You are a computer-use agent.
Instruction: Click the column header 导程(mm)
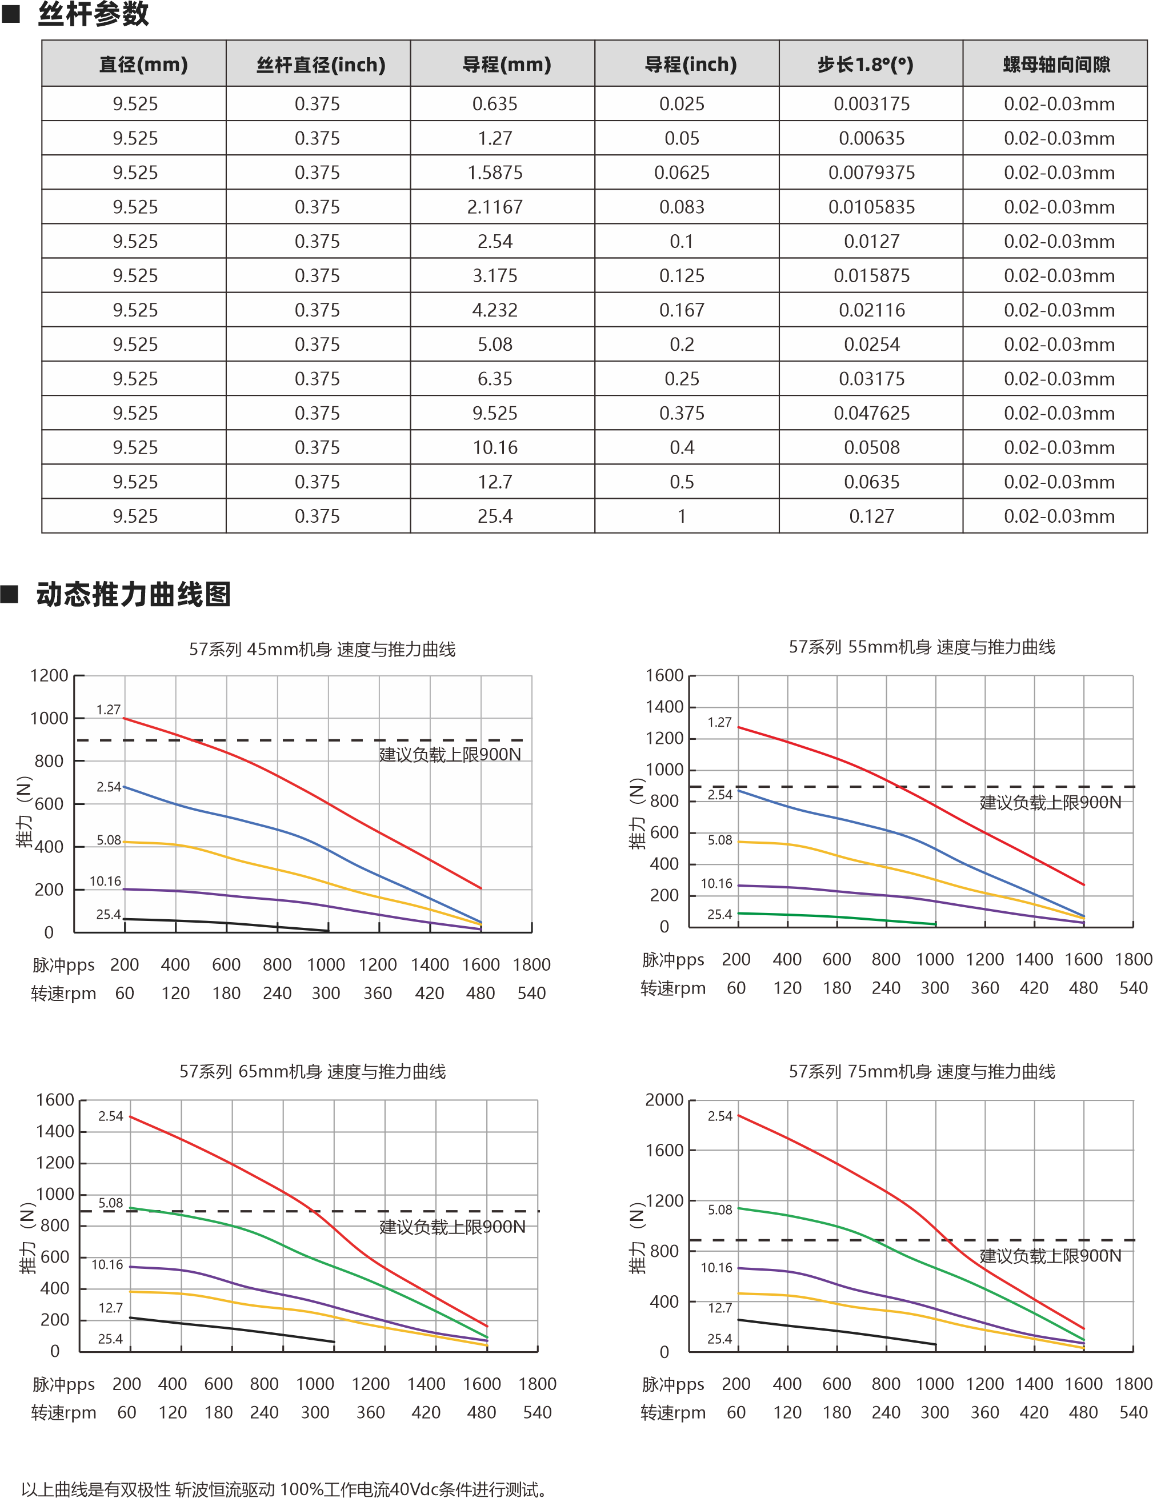(506, 65)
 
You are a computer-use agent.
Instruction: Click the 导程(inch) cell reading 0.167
(681, 310)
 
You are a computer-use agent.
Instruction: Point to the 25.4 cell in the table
(495, 516)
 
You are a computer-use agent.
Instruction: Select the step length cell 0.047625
(871, 413)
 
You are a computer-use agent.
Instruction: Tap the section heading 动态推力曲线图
(133, 594)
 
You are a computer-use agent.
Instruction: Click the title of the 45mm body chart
(322, 649)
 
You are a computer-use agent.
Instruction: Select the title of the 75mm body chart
(921, 1071)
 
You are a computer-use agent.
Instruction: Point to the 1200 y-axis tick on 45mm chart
(49, 676)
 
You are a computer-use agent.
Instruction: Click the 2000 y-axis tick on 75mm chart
(664, 1100)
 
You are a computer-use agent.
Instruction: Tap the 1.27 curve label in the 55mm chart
(719, 722)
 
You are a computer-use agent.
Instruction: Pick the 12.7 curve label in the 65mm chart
(110, 1307)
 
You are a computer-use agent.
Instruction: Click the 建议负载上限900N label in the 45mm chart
(450, 755)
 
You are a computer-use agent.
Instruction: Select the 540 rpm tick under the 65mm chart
(537, 1412)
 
